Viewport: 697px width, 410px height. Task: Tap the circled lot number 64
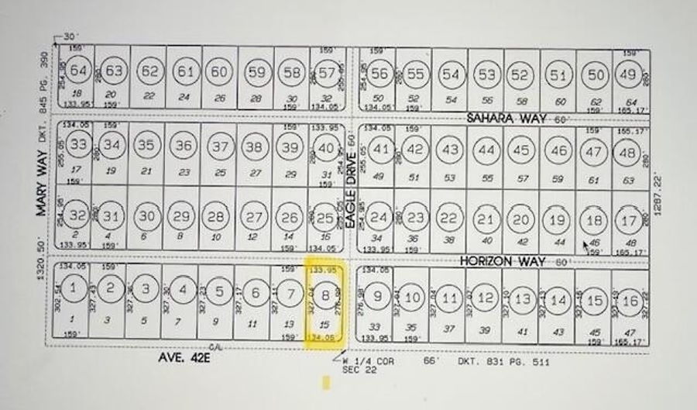click(78, 71)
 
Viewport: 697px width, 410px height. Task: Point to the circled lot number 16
click(631, 301)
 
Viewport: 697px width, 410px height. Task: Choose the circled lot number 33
click(78, 144)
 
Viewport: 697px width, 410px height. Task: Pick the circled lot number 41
click(380, 150)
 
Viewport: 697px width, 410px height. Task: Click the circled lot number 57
click(328, 73)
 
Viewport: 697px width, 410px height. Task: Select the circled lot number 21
click(486, 220)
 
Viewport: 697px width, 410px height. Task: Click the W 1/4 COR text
click(360, 361)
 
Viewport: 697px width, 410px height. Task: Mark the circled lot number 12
click(486, 298)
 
